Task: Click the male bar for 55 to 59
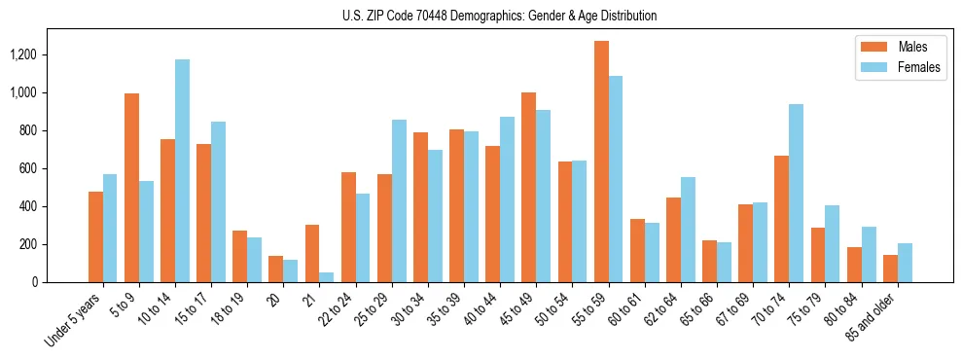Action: [x=601, y=162]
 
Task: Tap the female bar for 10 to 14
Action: [x=182, y=171]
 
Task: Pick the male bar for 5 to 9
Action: [x=131, y=188]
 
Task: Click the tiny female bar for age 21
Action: [x=326, y=277]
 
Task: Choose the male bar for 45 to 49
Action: [x=528, y=188]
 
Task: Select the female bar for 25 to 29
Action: [x=399, y=201]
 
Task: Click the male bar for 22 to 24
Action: [x=348, y=228]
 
